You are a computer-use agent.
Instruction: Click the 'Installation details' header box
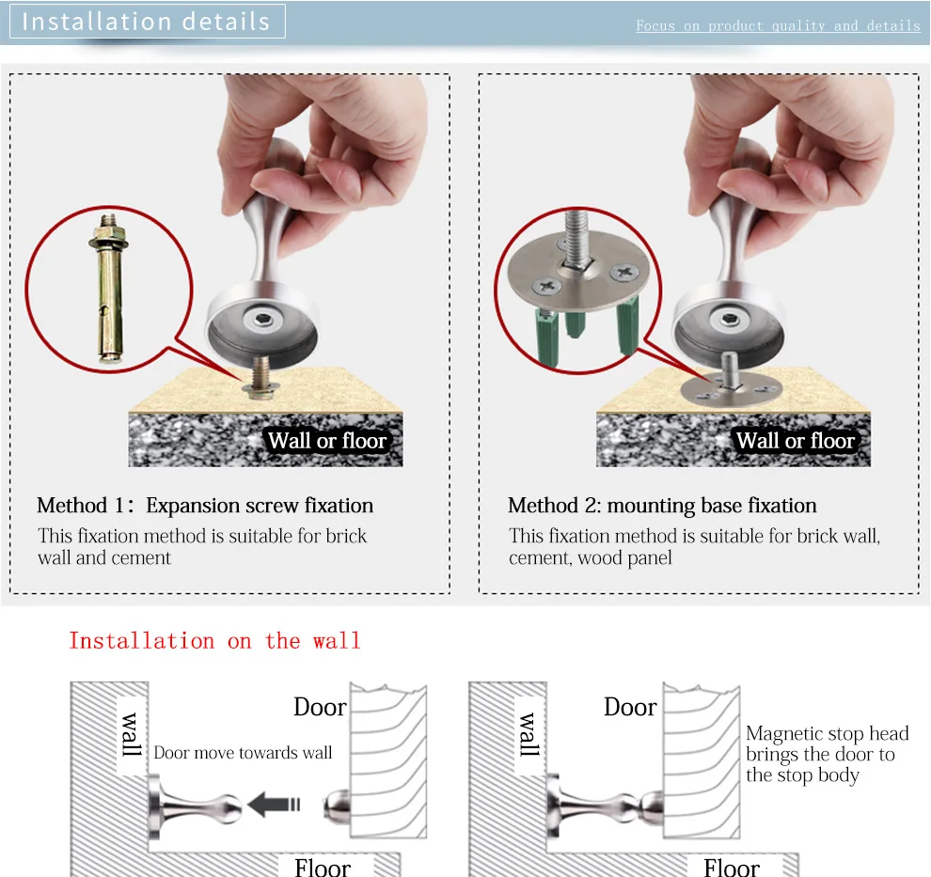point(148,22)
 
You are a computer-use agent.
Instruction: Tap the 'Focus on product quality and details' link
point(778,25)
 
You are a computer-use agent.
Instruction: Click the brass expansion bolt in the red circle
point(109,289)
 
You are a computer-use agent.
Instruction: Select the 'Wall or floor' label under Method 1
point(327,441)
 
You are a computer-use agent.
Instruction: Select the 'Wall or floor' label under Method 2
point(796,441)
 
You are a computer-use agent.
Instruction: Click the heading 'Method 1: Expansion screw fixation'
point(205,506)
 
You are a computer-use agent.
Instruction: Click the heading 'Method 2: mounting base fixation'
point(662,506)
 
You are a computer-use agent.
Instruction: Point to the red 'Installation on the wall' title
point(215,641)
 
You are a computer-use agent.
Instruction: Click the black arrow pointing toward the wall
point(274,805)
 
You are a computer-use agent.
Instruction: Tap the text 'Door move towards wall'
point(243,752)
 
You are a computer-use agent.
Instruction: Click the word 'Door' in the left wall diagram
point(320,707)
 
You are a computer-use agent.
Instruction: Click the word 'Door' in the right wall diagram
point(630,707)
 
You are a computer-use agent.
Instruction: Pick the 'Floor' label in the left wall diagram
point(323,867)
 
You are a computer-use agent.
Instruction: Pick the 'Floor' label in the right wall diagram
point(732,867)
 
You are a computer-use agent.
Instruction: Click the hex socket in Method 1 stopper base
point(261,320)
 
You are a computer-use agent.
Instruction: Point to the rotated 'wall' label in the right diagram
point(529,734)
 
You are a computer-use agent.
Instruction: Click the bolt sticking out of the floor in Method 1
point(260,377)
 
